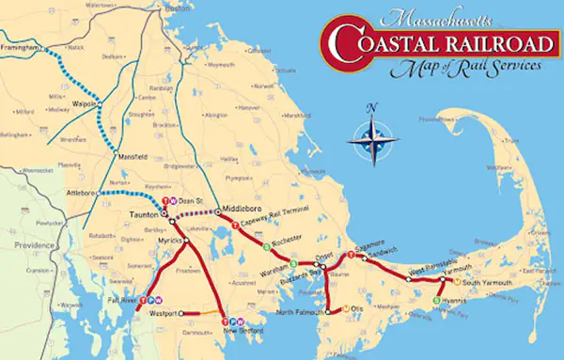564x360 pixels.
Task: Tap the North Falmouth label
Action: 302,312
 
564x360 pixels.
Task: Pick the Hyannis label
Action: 458,301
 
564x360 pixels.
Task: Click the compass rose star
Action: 372,138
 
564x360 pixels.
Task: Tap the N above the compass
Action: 372,106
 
